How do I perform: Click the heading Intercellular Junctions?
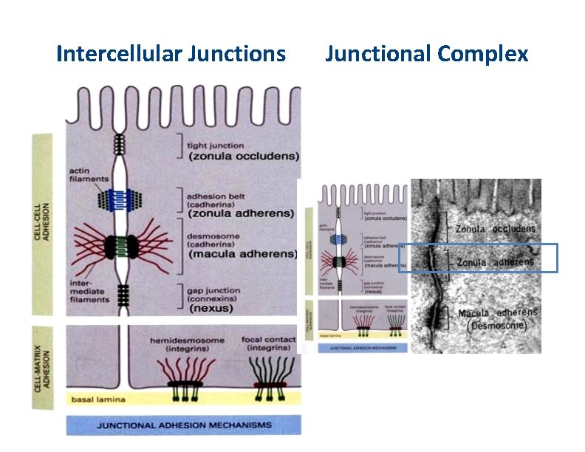171,54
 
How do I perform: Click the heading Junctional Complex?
426,54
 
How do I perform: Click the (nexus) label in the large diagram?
212,308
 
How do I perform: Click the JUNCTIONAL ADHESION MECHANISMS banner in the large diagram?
184,425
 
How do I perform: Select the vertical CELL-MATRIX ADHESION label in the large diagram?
44,368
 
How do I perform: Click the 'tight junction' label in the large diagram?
216,145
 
